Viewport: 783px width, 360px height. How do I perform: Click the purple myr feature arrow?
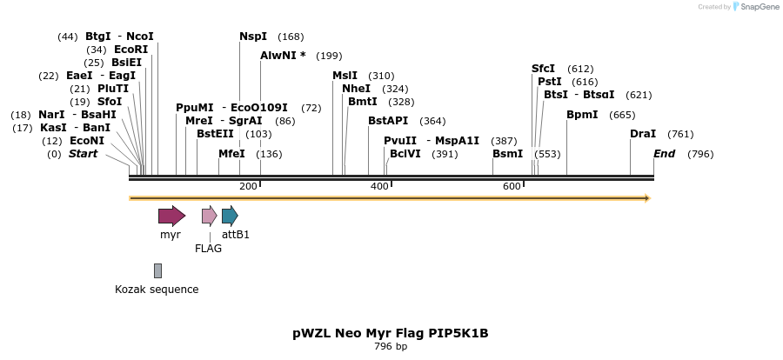tap(171, 216)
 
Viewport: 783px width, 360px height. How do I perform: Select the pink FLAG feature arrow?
tap(209, 216)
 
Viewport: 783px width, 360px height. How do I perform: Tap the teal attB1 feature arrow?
tap(230, 216)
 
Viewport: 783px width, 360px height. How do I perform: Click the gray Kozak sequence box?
tap(157, 270)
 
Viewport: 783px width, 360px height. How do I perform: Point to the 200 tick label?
tap(248, 186)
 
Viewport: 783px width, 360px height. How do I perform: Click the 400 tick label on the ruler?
tap(379, 186)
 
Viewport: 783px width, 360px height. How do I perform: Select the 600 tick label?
tap(512, 186)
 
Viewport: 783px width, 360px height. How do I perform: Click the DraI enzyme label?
tap(643, 134)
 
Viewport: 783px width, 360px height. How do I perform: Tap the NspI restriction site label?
tap(253, 37)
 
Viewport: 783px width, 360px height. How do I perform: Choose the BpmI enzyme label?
tap(582, 115)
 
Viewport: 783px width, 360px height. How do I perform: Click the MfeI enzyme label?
tap(231, 154)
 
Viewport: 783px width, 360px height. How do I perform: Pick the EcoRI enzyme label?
tap(130, 50)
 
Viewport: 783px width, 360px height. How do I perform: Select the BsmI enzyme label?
tap(508, 154)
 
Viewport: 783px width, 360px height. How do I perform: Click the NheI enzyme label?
tap(357, 89)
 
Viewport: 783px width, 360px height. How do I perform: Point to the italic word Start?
tap(83, 154)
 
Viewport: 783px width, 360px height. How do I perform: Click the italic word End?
tap(665, 154)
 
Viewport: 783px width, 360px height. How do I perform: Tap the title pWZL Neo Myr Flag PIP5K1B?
tap(391, 333)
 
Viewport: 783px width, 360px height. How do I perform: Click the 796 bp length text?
tap(391, 347)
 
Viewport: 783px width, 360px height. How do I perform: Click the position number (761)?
tap(680, 134)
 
